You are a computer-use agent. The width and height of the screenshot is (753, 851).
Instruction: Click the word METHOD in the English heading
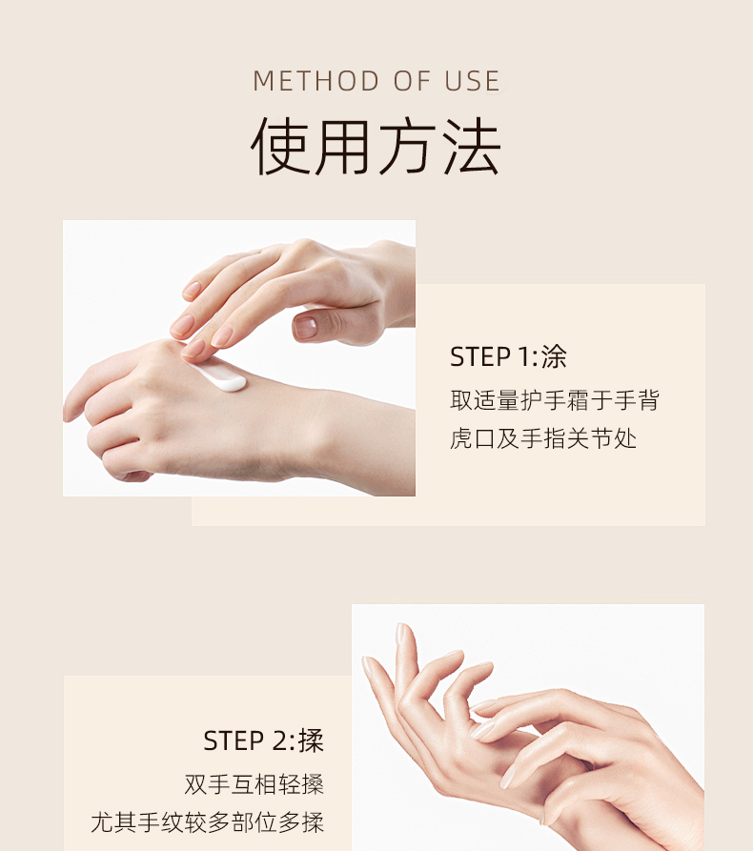coord(315,81)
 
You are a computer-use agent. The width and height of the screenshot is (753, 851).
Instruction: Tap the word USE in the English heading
coord(472,81)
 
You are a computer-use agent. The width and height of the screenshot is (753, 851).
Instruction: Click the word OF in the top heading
coord(411,81)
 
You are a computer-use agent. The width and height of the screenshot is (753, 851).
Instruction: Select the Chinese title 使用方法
coord(376,147)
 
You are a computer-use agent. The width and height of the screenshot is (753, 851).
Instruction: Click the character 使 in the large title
coord(281,147)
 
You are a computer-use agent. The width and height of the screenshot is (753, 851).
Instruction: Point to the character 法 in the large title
coord(471,147)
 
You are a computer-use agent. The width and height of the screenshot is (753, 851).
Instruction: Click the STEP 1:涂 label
coord(508,357)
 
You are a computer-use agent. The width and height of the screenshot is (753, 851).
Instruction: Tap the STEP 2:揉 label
coord(263,740)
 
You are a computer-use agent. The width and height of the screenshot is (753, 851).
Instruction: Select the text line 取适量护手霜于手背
coord(555,400)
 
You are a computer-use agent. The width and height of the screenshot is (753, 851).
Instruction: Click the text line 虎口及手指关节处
coord(543,438)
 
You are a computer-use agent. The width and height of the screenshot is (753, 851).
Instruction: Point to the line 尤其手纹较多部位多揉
coord(208,822)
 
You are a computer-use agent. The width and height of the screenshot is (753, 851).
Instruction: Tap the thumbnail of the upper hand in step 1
coord(306,327)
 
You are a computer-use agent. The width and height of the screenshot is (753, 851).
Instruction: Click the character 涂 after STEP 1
coord(554,357)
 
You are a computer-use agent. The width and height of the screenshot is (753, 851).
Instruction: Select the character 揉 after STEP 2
coord(311,740)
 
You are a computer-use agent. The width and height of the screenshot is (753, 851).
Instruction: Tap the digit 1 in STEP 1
coord(524,357)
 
